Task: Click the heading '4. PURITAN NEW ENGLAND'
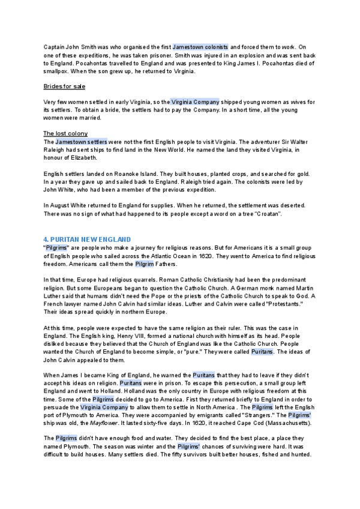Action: (86, 239)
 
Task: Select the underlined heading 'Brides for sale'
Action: (64, 86)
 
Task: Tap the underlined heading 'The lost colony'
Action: (65, 133)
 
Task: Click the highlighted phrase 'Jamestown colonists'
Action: (200, 47)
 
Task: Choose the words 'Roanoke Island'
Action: (132, 173)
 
